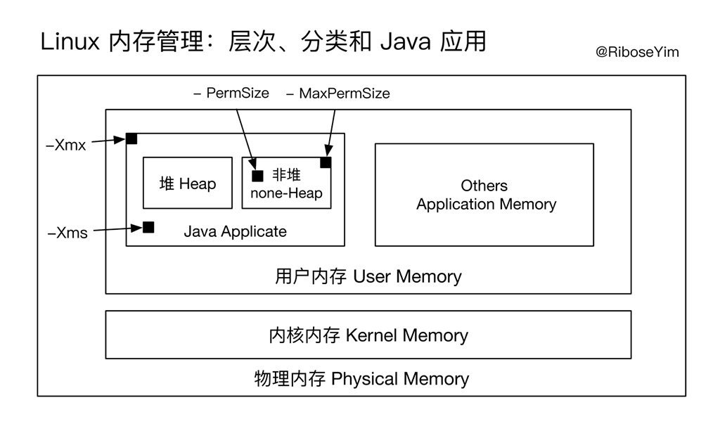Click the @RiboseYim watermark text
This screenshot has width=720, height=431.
[x=637, y=52]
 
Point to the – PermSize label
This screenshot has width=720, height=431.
[x=231, y=93]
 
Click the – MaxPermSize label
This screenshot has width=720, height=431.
[x=338, y=93]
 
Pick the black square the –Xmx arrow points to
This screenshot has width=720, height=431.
[x=131, y=139]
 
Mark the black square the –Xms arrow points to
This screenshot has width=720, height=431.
[x=148, y=226]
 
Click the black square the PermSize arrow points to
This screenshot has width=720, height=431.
[x=257, y=176]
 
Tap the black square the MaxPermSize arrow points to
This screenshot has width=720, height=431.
[x=326, y=162]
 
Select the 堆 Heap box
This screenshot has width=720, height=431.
[x=188, y=183]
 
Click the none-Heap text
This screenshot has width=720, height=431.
[x=286, y=193]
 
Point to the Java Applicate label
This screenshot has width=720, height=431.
[x=235, y=231]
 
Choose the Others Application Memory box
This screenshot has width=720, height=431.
[x=484, y=195]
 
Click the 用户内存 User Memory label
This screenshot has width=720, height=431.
[x=368, y=276]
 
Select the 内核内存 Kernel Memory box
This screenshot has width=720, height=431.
[x=368, y=335]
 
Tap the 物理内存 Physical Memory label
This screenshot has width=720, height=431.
[x=361, y=379]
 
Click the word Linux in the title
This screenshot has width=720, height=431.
[x=71, y=42]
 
